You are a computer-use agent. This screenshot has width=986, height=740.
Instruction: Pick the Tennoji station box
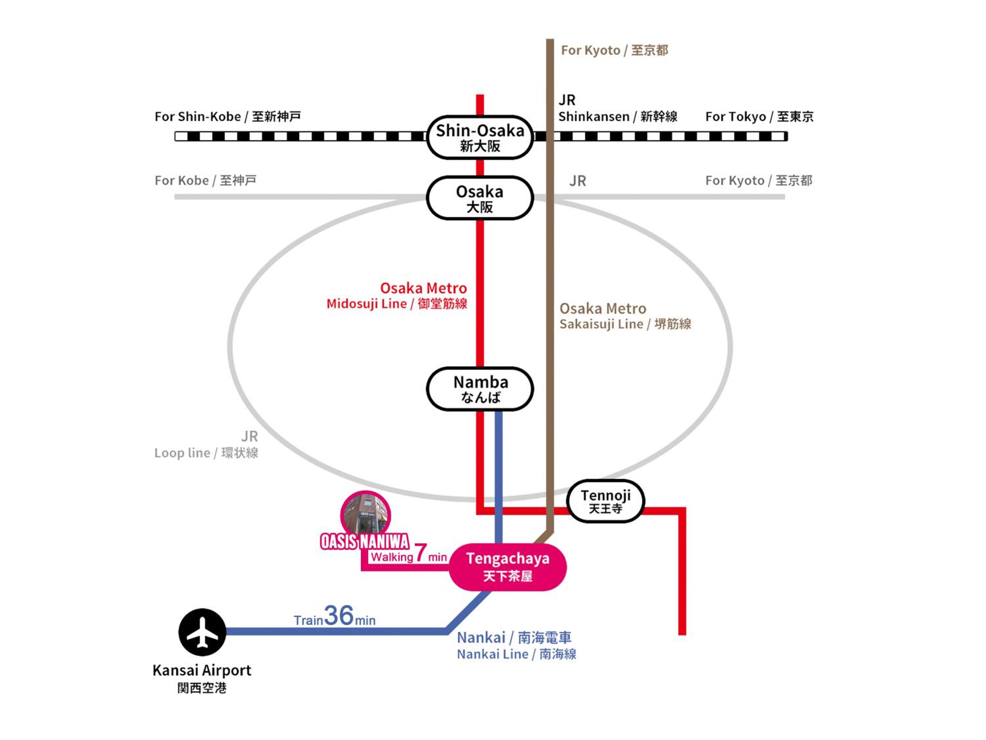point(605,501)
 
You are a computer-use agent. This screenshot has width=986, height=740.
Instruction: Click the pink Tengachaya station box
point(508,567)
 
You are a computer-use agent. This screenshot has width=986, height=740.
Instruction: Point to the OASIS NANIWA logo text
point(364,541)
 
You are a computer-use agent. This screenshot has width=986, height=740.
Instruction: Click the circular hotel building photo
point(365,514)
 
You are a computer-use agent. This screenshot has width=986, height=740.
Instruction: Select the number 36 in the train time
point(339,616)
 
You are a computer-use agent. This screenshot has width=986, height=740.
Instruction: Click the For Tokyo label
point(759,117)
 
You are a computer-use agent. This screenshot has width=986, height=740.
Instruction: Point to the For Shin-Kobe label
point(228,117)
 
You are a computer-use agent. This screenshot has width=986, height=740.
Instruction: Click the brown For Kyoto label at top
point(614,50)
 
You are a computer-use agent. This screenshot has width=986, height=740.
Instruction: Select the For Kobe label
point(205,181)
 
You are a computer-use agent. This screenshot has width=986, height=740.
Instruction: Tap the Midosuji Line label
point(397,304)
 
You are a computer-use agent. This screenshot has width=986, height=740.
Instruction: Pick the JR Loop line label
point(206,444)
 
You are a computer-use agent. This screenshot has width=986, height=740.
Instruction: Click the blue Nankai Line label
point(517,654)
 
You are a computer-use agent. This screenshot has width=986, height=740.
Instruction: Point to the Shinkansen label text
point(618,117)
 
